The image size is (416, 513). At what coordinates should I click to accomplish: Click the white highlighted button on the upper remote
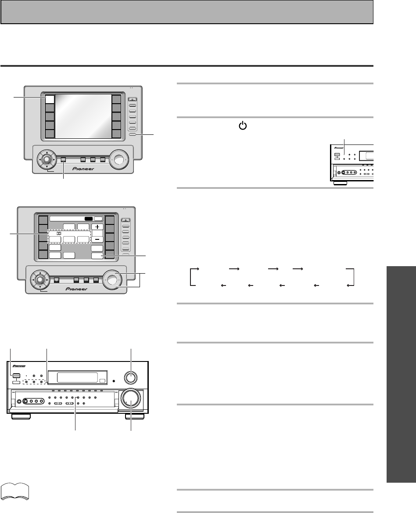pyautogui.click(x=50, y=98)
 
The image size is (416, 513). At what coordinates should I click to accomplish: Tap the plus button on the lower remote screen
pyautogui.click(x=97, y=228)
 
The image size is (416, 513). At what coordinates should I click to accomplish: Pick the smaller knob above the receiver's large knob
pyautogui.click(x=131, y=377)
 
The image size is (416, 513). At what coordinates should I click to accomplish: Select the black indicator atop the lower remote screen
pyautogui.click(x=89, y=218)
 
